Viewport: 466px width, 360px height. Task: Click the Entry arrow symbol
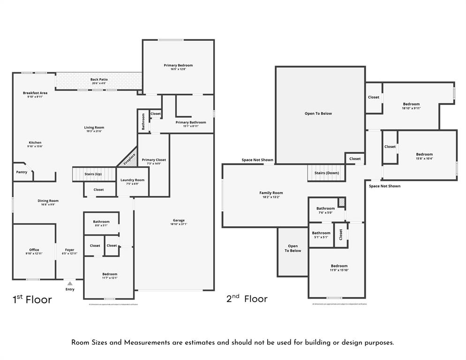tap(70, 283)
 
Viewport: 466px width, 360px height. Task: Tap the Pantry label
tap(22, 172)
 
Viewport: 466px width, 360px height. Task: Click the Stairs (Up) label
tap(93, 174)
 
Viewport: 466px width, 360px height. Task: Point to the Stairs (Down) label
tap(326, 173)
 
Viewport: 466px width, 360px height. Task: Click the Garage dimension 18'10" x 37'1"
tap(179, 224)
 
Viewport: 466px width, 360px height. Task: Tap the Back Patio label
tap(99, 80)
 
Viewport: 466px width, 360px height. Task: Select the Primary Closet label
tap(154, 160)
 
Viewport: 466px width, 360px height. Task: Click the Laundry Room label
tap(132, 180)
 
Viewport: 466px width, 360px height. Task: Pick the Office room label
tap(34, 250)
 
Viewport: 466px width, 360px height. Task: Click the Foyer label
tap(69, 250)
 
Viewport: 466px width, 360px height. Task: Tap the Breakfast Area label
tap(35, 93)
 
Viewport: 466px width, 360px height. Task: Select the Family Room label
tap(271, 193)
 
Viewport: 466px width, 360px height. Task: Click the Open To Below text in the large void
tap(318, 113)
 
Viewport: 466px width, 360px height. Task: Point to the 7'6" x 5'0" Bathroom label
tap(325, 209)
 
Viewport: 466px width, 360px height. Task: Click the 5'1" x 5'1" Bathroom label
tap(321, 233)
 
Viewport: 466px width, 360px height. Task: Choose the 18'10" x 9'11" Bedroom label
tap(411, 104)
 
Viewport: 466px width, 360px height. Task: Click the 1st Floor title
tap(32, 300)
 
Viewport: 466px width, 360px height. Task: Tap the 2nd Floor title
tap(247, 299)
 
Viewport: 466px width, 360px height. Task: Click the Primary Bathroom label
tap(191, 122)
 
